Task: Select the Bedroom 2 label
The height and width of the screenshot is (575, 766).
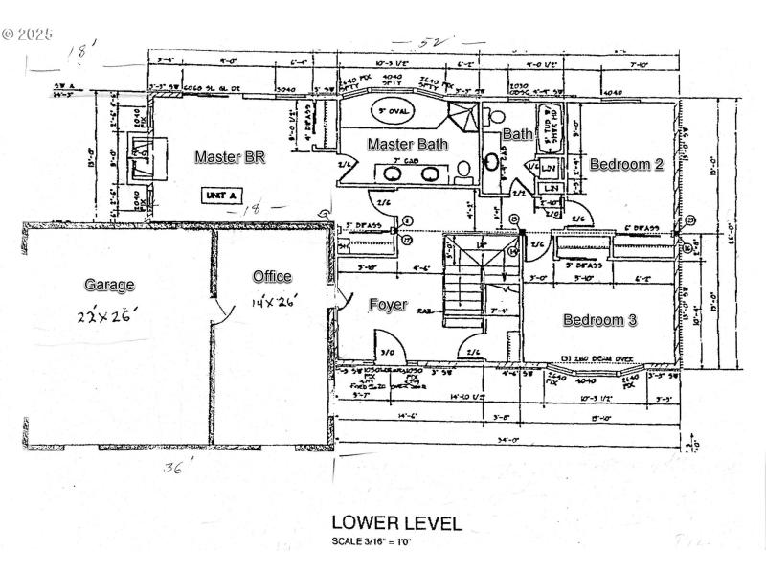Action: click(626, 164)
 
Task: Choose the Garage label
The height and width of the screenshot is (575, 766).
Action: click(109, 285)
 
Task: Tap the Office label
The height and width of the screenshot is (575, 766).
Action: click(272, 277)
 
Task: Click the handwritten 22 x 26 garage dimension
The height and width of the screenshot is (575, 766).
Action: click(109, 311)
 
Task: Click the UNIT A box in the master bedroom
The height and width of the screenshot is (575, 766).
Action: click(219, 195)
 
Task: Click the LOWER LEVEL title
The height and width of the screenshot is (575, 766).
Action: click(395, 523)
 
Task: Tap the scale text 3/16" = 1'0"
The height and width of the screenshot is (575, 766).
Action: click(395, 542)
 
